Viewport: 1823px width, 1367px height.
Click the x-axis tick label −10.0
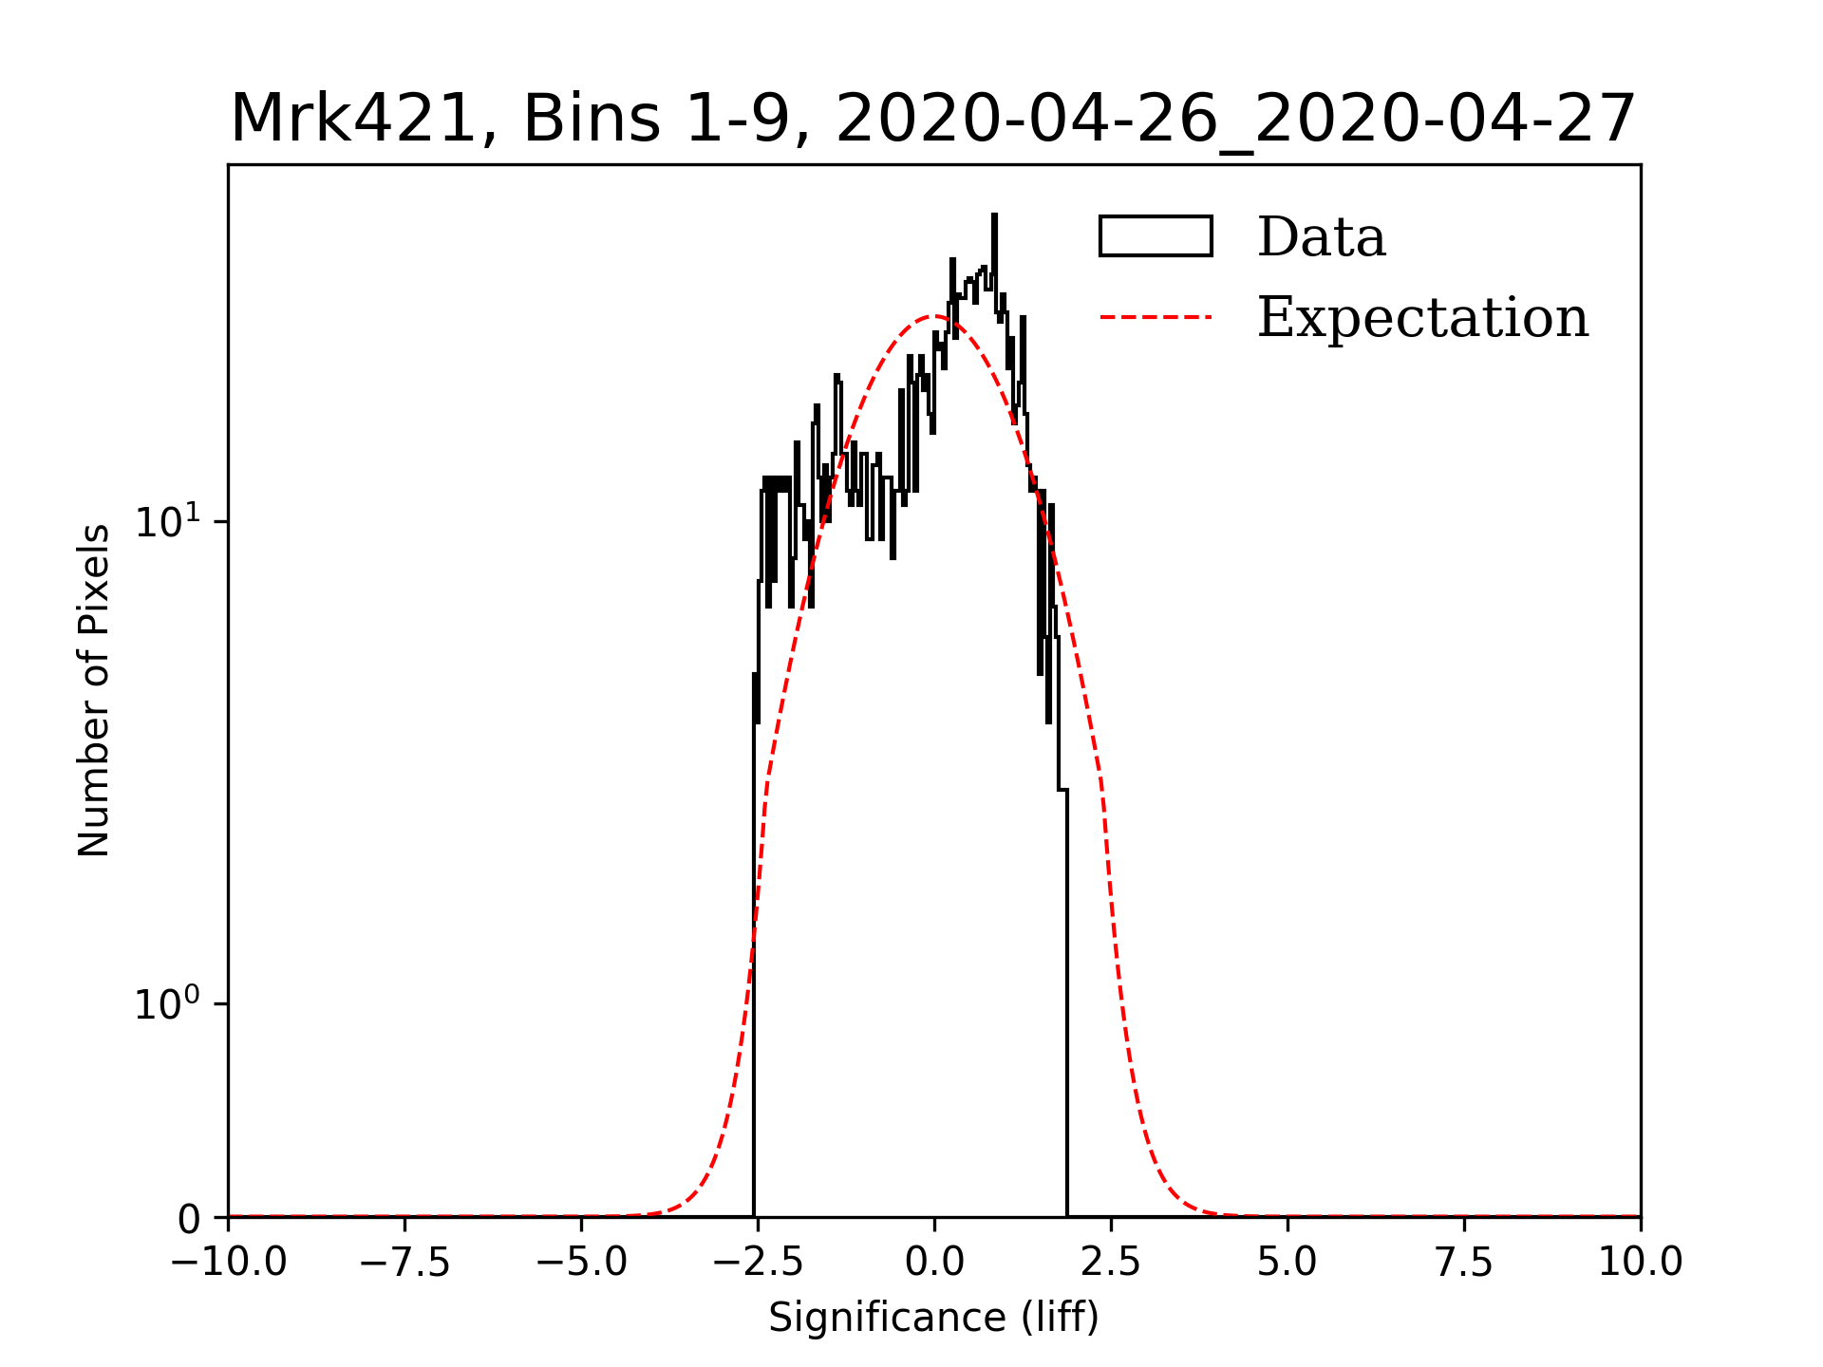pos(228,1263)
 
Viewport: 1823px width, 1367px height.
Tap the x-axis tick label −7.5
pos(404,1263)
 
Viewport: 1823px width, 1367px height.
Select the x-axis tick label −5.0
pos(581,1263)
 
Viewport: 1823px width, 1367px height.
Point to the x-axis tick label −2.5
pos(758,1263)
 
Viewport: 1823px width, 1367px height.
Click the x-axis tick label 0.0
pos(934,1263)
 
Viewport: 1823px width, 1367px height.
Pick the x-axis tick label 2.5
pos(1111,1263)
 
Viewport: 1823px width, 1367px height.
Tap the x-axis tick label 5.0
pos(1287,1263)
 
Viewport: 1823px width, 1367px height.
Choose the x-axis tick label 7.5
pos(1464,1263)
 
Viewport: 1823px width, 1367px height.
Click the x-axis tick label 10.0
pos(1641,1263)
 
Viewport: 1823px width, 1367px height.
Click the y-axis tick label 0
pos(189,1220)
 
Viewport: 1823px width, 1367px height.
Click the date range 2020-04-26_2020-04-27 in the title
pos(1234,120)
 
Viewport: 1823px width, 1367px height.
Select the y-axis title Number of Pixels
pos(94,690)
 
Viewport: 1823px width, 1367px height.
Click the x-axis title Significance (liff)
pos(934,1318)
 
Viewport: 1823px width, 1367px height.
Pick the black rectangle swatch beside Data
pos(1156,236)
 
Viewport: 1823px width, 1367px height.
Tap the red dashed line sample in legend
pos(1156,317)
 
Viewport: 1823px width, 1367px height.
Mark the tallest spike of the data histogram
pos(994,217)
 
